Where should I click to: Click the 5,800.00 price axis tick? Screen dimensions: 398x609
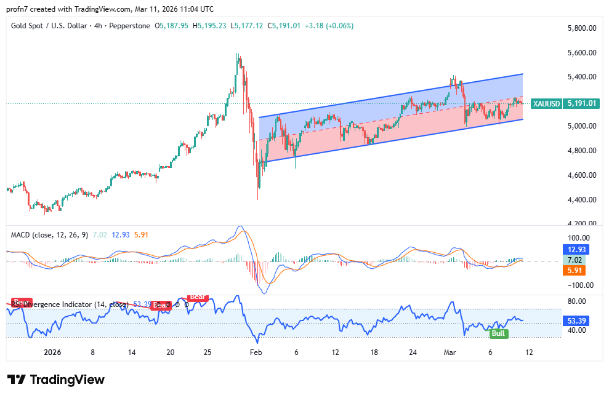pos(582,28)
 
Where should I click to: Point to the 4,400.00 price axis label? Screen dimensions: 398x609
pos(582,200)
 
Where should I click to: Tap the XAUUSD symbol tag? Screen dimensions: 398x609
pos(546,103)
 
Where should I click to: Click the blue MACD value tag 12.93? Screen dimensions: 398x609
pos(577,250)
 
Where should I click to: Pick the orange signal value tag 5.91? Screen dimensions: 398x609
pos(577,270)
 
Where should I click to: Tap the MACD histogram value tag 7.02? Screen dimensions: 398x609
pos(577,260)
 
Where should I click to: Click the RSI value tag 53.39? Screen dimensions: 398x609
pos(577,320)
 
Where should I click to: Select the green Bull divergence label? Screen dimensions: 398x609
pos(498,333)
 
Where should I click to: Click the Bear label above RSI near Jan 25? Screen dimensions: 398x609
pos(197,297)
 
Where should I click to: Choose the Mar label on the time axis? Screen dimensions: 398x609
pos(451,353)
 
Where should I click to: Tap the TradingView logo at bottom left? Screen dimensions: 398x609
pos(56,380)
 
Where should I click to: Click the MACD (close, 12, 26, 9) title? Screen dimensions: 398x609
pos(49,235)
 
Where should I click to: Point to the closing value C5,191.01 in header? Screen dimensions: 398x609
pos(284,26)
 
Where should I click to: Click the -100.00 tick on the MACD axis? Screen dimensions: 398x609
pos(580,285)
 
